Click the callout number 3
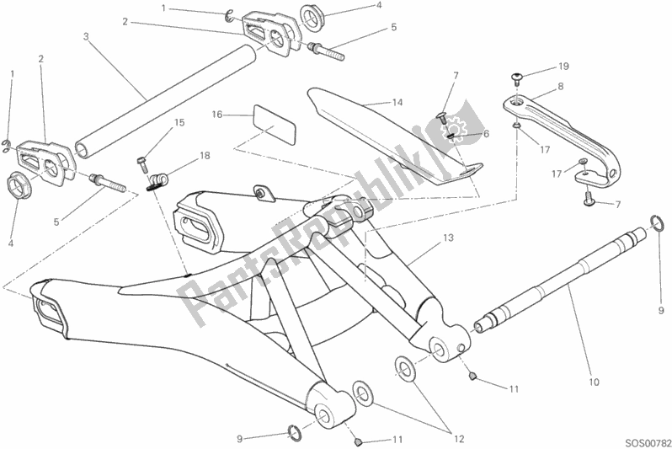[x=86, y=36]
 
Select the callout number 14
[x=397, y=102]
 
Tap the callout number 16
[x=217, y=115]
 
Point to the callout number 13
[x=448, y=238]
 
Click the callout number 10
[x=594, y=382]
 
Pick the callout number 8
[x=561, y=87]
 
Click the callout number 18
[x=205, y=155]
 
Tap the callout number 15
[x=179, y=123]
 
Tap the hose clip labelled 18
[x=155, y=181]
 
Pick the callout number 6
[x=486, y=134]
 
